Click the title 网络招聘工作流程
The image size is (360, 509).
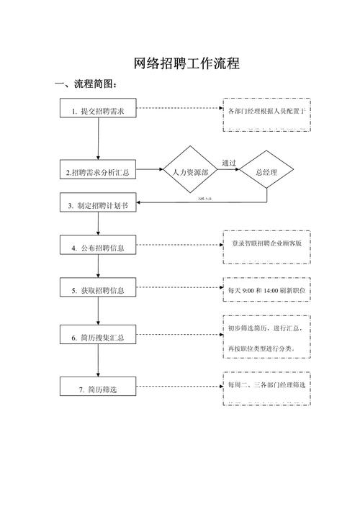186,63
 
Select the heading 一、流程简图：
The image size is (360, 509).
86,85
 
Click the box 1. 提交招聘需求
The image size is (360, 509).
98,112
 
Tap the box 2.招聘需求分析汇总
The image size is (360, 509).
98,173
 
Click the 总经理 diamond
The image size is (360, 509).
266,172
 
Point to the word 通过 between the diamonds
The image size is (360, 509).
229,163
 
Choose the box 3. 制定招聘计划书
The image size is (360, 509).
98,205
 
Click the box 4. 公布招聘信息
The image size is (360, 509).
98,248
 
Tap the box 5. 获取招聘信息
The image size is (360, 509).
98,290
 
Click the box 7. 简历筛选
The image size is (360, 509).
98,389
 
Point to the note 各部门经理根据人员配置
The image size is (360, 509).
267,112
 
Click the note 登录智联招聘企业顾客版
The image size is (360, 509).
267,244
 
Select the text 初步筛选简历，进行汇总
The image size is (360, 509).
266,328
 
